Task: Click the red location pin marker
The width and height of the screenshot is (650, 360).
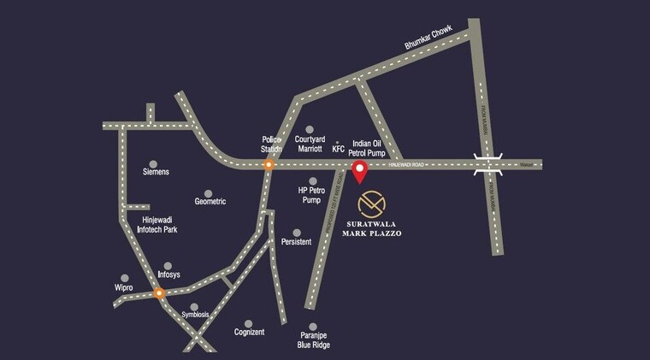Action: tap(360, 171)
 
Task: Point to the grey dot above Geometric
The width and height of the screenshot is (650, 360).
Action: tap(209, 192)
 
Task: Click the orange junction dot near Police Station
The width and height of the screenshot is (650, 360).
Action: tap(269, 166)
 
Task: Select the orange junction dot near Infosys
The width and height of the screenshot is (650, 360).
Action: tap(159, 293)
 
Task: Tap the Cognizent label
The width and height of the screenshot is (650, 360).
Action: tap(249, 332)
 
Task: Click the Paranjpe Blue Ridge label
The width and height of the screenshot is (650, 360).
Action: tap(314, 340)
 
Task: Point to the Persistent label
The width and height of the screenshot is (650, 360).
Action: tap(296, 242)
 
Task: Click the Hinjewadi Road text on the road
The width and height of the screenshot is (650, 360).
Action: tap(407, 163)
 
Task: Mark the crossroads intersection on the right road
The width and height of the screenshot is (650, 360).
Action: tap(488, 164)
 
